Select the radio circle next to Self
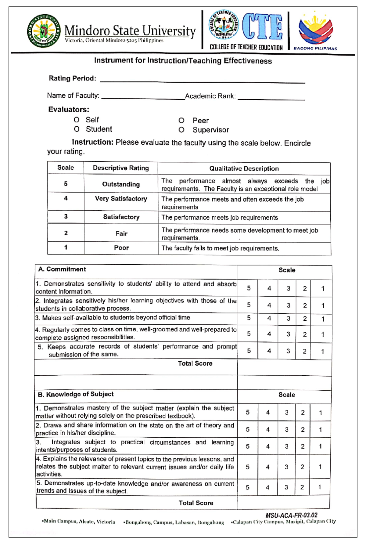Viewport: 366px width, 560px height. point(77,120)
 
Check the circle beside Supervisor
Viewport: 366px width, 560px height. point(181,130)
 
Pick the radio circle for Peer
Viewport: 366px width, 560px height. point(181,121)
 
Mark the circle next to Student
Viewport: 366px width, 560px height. point(77,129)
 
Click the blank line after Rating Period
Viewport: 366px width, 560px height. point(202,80)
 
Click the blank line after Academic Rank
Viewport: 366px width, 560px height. point(271,97)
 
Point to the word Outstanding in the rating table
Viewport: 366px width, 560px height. point(121,184)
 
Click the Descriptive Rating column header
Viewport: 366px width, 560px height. point(121,168)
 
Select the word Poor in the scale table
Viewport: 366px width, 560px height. point(121,248)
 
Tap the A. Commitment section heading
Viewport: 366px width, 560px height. point(62,269)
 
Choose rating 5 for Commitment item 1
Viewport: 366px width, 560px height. point(249,288)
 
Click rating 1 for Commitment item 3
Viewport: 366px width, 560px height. point(323,319)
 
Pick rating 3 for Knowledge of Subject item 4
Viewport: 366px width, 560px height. point(286,467)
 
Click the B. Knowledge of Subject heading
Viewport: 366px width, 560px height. point(75,394)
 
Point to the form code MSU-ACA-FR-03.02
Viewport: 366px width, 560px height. point(291,515)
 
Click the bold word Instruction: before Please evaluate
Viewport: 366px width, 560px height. point(92,142)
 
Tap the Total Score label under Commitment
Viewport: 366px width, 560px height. point(195,363)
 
